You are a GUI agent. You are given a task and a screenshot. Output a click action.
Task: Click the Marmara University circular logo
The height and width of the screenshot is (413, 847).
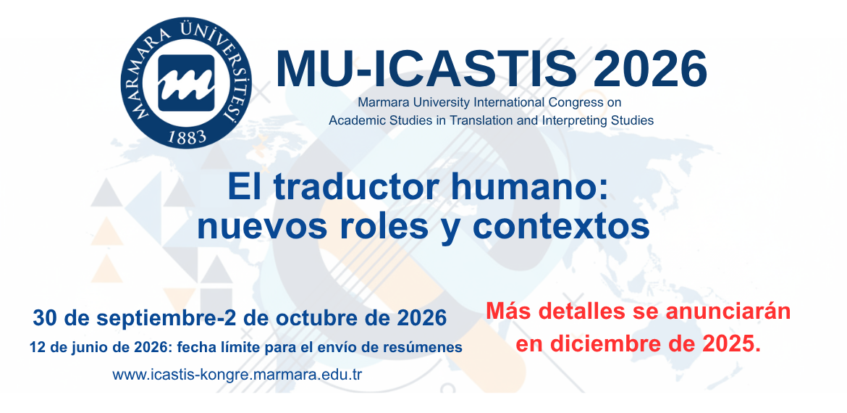point(186,83)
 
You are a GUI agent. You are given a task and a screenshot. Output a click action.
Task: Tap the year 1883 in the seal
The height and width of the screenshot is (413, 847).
point(187,137)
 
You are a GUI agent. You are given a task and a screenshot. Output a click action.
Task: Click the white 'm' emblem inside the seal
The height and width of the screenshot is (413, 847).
point(186,82)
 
